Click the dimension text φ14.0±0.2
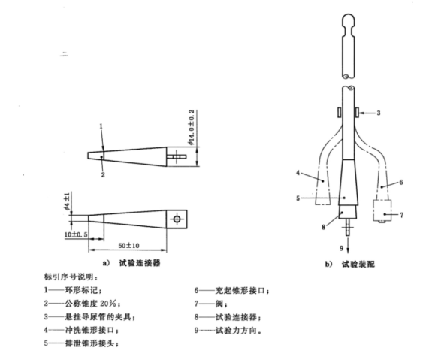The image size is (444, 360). point(192,127)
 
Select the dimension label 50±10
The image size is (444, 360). point(128,245)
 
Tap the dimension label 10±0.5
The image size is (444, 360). point(76,234)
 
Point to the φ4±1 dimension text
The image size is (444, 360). point(67,201)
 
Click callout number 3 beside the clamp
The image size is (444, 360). point(379,113)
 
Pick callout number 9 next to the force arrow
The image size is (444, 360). point(342,248)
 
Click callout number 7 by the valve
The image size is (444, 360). point(401,215)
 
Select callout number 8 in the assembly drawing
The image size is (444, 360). point(323,227)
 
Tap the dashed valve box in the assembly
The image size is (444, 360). point(382,210)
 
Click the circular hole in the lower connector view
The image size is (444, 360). point(177,219)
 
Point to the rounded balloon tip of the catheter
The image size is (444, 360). point(348,21)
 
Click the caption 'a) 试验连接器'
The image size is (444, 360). point(131,263)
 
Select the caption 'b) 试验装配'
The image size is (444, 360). point(350,265)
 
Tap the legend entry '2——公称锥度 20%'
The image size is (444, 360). point(83,304)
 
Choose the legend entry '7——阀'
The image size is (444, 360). point(210,304)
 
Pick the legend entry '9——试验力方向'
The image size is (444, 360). point(228,331)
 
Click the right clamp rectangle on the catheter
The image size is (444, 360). point(358,112)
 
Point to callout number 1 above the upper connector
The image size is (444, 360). point(101,126)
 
